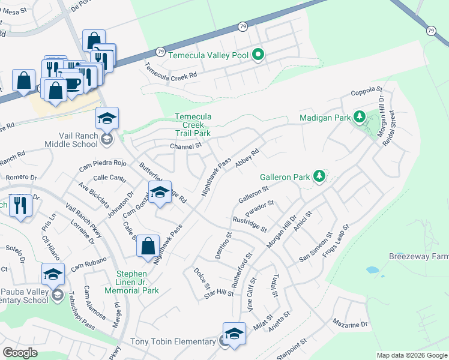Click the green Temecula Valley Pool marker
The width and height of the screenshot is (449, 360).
coord(259,55)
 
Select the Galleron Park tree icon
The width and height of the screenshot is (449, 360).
coord(320,176)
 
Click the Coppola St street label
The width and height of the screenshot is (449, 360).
coord(366,91)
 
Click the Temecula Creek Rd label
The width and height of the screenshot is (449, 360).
coord(171,72)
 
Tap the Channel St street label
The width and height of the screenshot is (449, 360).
coord(185,146)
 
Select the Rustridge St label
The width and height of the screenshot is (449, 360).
coord(249,223)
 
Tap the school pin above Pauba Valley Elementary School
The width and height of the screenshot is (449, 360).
coord(53,274)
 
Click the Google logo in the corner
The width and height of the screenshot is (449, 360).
coord(20,352)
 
